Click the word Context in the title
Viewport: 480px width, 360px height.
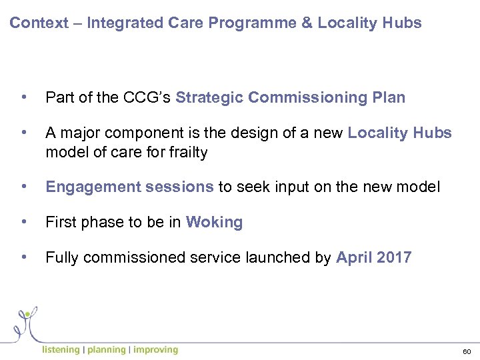39,23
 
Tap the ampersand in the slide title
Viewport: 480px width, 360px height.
307,23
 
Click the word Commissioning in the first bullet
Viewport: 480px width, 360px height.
304,98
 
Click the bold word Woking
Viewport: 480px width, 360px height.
214,223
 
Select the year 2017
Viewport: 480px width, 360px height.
393,258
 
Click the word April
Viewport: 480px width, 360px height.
353,258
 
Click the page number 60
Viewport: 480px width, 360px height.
466,351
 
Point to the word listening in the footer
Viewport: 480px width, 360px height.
61,350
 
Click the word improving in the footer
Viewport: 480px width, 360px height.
155,350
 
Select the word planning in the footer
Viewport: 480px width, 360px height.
106,350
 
